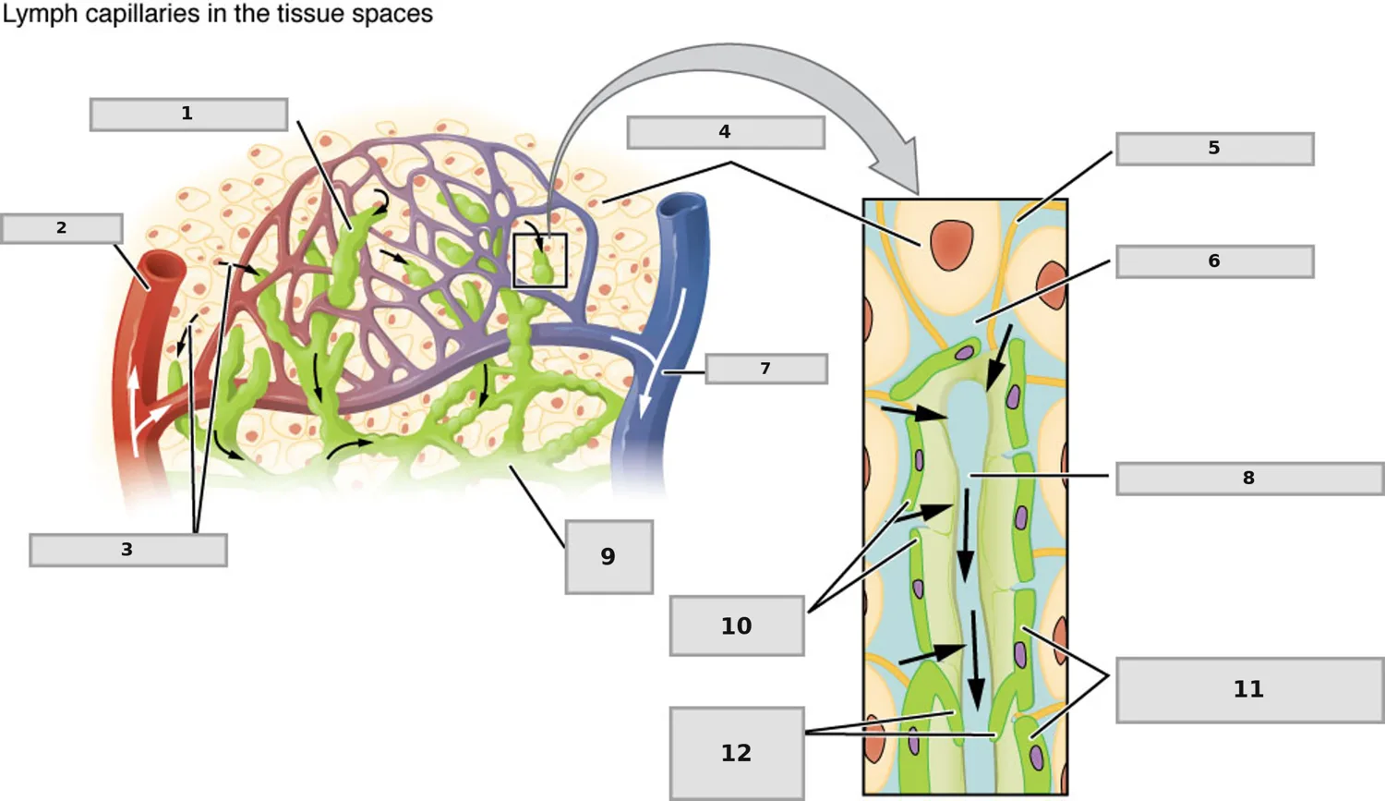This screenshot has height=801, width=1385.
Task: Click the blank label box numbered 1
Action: point(188,115)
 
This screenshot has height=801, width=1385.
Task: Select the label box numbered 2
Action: point(61,228)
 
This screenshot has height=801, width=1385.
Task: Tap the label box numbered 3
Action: point(128,550)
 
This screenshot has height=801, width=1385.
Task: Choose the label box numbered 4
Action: point(725,132)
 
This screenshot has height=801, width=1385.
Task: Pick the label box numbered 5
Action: point(1215,149)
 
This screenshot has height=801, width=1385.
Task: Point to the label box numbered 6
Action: point(1215,261)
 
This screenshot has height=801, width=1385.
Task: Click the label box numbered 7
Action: point(766,369)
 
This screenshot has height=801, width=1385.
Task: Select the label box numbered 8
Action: point(1249,479)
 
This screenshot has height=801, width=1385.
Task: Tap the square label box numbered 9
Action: point(609,557)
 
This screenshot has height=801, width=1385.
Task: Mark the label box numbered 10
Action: point(737,625)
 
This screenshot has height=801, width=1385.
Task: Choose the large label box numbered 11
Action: point(1249,689)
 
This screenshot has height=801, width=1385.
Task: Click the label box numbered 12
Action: point(737,753)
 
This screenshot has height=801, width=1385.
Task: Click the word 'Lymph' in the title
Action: point(41,15)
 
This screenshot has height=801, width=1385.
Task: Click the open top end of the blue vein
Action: point(681,206)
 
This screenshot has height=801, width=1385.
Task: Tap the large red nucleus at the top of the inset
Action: point(952,245)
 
